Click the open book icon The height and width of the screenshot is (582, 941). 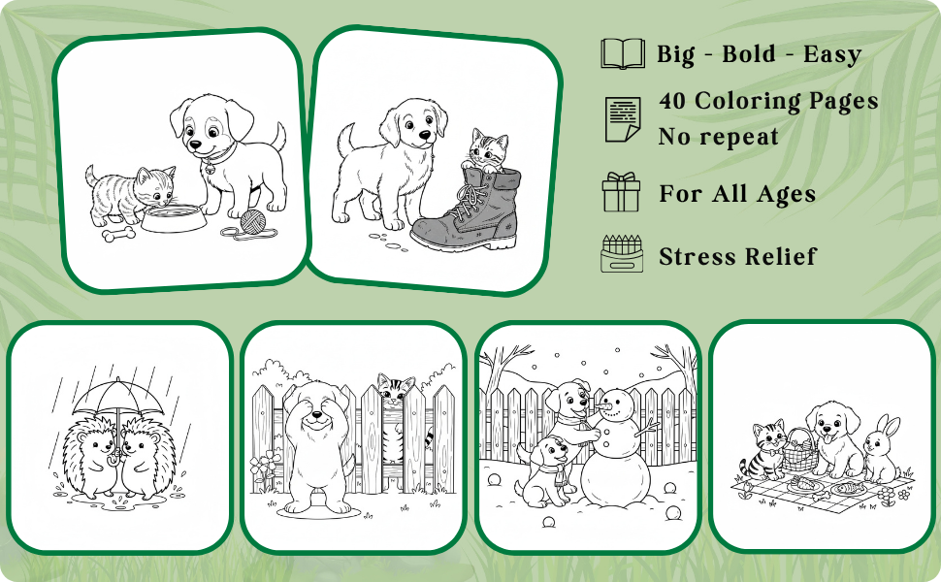623,53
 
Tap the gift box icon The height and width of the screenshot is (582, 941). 621,192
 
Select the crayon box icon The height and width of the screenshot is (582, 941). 622,254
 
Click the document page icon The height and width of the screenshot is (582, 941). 623,119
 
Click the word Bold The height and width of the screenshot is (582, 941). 748,54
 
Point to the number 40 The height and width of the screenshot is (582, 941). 672,101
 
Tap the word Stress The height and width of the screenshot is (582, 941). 697,256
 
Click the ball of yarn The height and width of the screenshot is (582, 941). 252,220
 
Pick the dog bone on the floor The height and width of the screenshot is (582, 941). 118,234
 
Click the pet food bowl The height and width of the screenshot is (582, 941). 174,218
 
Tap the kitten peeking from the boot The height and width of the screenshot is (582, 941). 485,150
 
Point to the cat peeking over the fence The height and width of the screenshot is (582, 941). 396,389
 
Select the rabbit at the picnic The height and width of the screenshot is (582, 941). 881,449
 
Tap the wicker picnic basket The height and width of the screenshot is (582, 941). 800,451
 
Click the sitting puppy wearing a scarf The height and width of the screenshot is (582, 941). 545,471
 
